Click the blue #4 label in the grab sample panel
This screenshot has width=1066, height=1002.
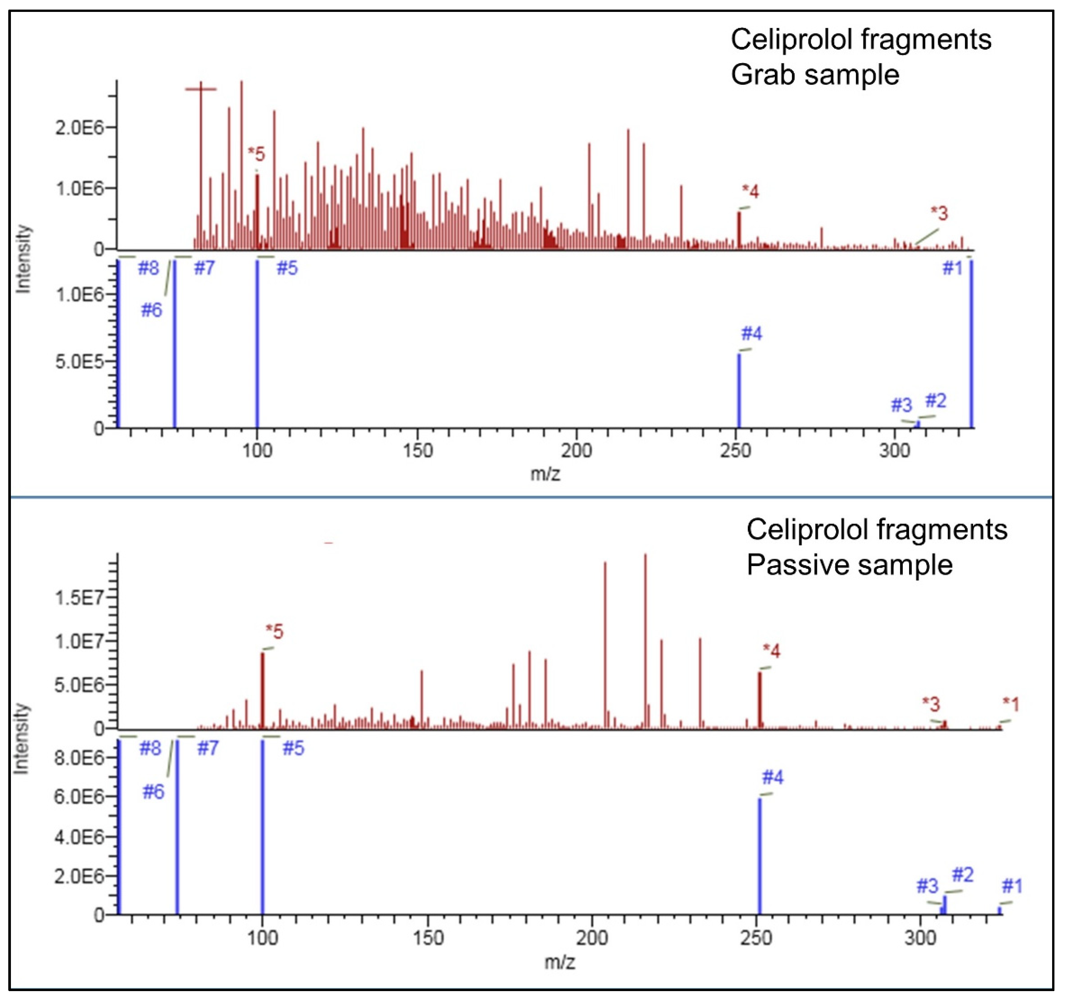coord(751,334)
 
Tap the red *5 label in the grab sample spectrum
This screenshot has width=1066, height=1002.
coord(256,154)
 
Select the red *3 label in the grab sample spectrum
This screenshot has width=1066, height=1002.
coord(939,213)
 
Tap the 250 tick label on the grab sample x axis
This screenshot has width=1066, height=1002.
coord(736,450)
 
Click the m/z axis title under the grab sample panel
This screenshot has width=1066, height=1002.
coord(545,474)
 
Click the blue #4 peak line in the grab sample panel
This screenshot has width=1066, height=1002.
coord(739,392)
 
